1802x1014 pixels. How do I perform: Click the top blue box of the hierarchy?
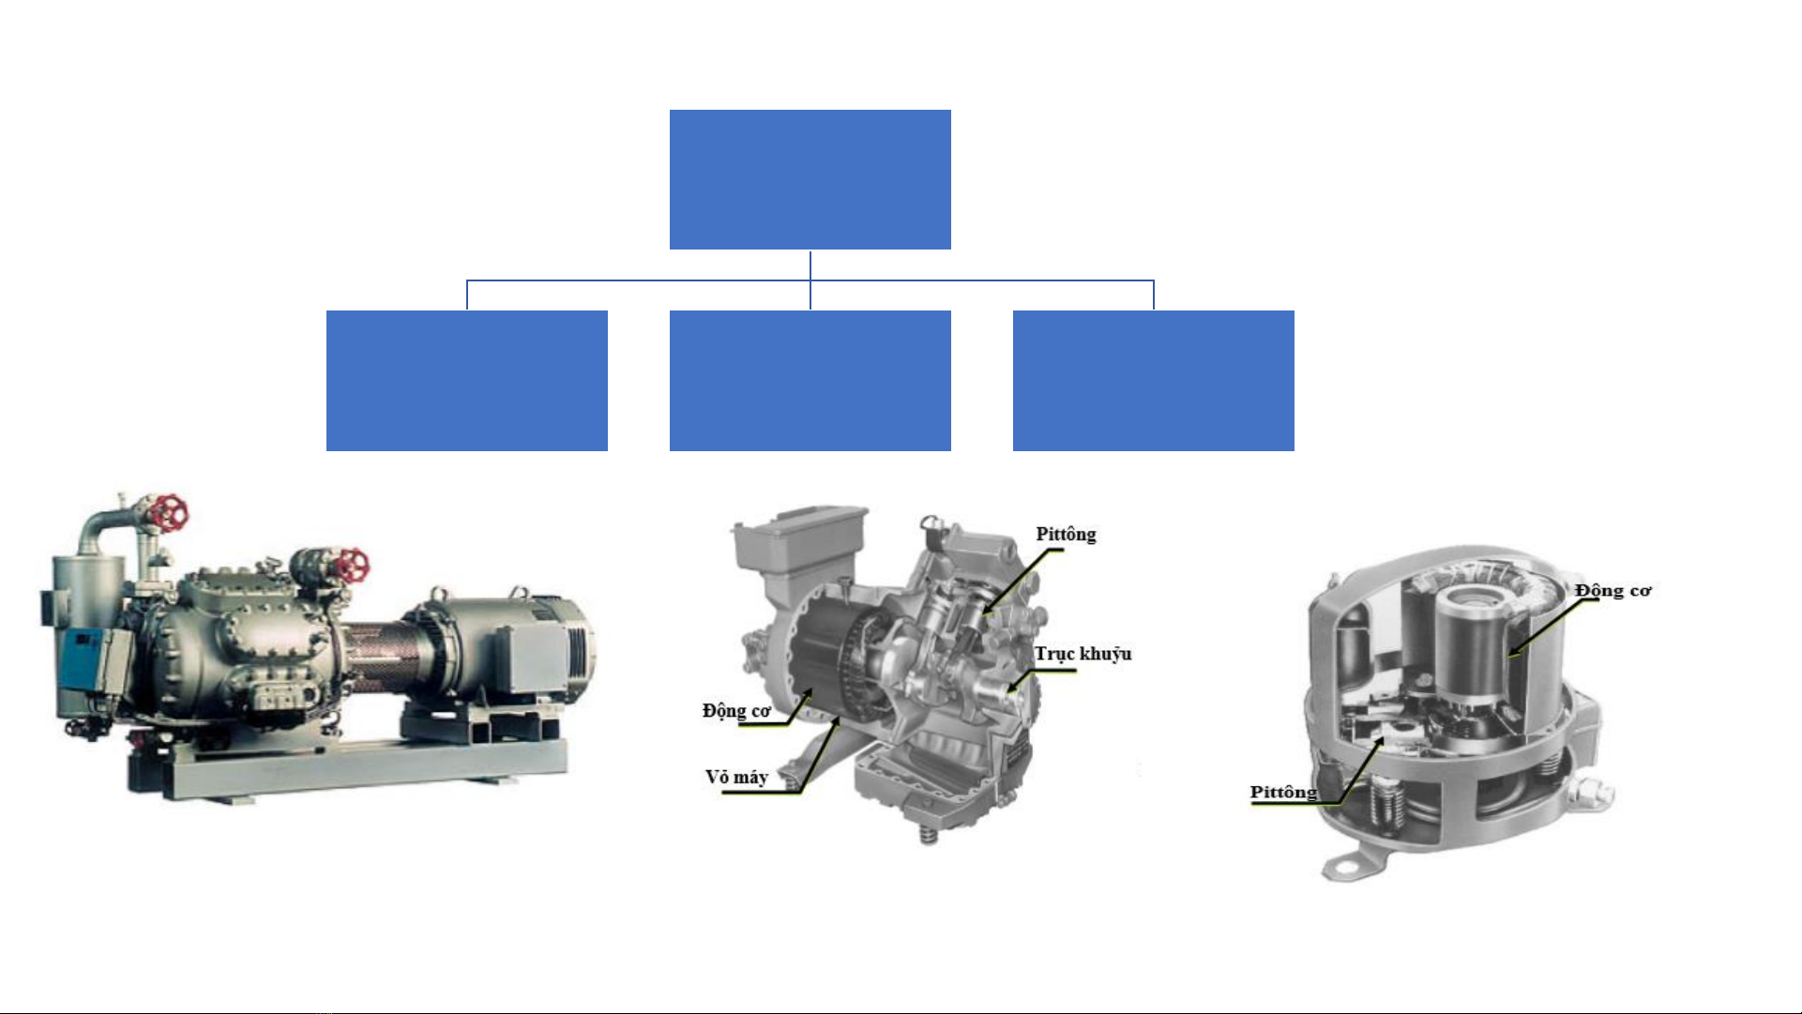[810, 179]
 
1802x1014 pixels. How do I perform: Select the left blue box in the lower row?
[467, 381]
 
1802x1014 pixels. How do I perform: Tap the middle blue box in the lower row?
[810, 381]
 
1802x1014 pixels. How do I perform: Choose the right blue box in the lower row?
[1154, 381]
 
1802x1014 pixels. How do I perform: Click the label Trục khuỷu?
[1083, 655]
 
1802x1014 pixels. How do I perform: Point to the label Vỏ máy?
[736, 778]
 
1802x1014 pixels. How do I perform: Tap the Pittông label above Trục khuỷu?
[1066, 535]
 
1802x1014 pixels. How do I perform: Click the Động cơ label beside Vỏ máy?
[736, 711]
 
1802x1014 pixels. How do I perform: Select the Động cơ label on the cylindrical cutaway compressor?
[1613, 591]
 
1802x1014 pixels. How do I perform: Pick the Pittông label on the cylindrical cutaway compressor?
[1283, 793]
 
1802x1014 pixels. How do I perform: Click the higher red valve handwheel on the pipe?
[168, 513]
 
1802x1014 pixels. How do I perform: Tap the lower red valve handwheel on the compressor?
[352, 564]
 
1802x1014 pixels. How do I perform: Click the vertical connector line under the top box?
[810, 265]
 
